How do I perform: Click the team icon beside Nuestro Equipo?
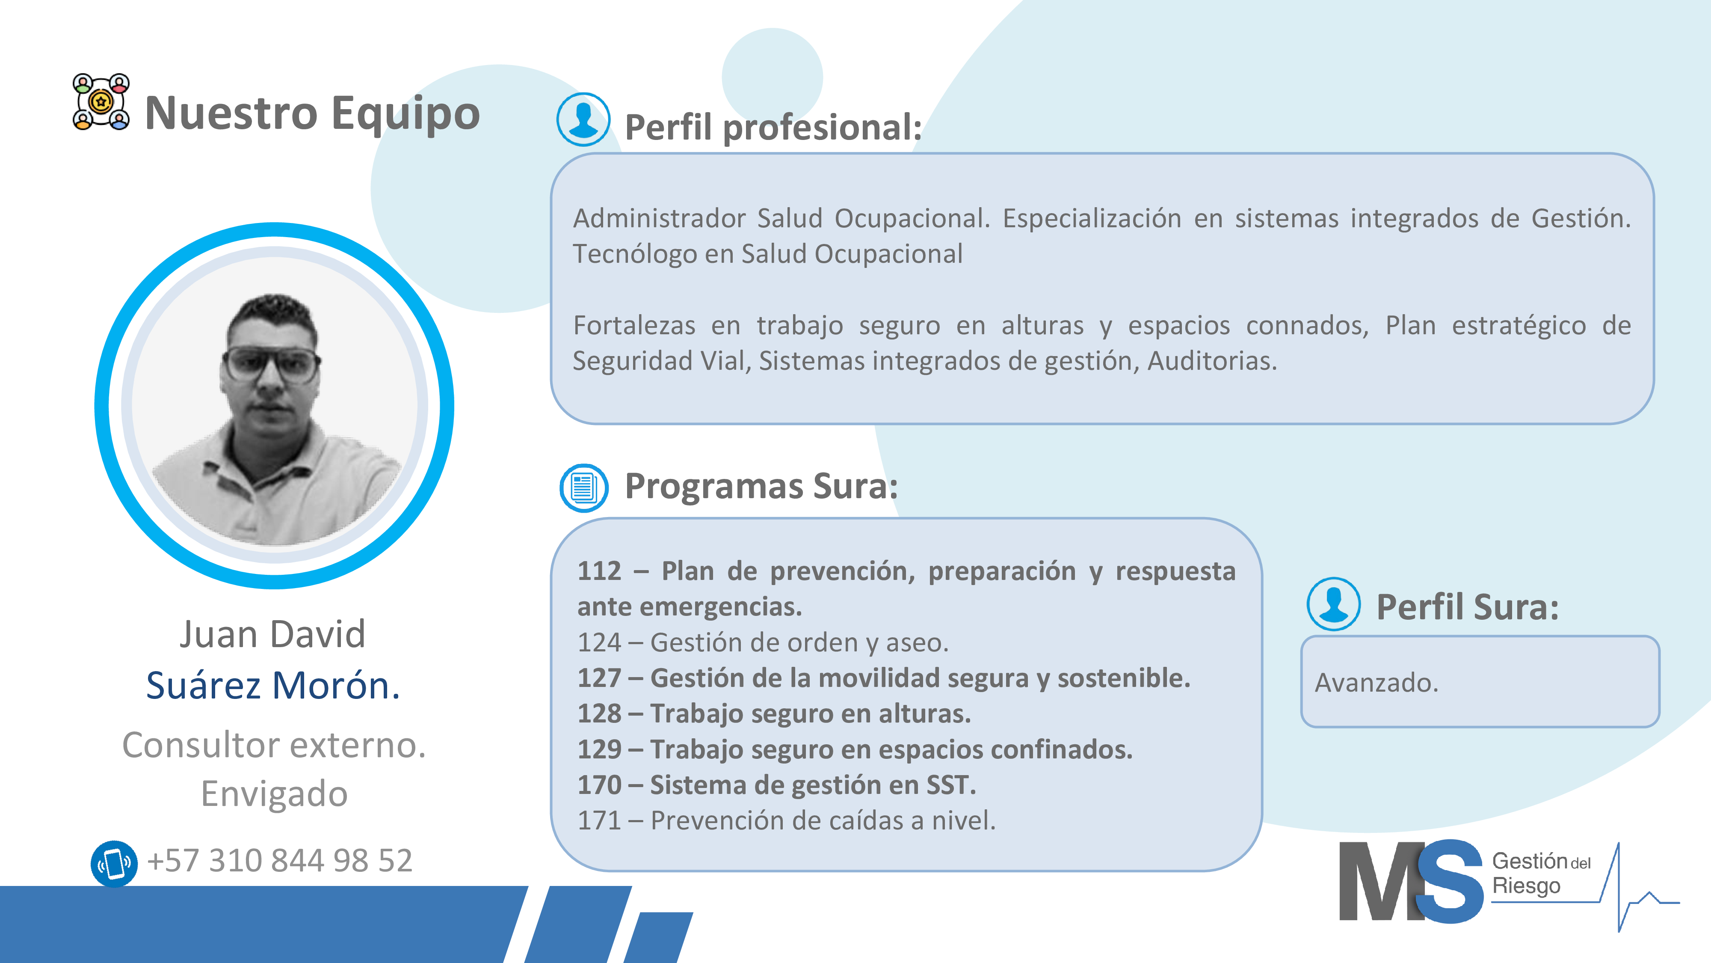click(101, 102)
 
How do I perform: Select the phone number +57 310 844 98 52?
click(280, 861)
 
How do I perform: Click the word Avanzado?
click(1376, 683)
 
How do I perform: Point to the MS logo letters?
click(1411, 881)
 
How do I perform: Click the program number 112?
click(599, 571)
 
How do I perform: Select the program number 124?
click(599, 643)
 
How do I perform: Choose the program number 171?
click(599, 821)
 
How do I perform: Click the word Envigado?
click(274, 795)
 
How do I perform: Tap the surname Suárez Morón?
click(273, 685)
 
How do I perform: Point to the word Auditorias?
click(1212, 361)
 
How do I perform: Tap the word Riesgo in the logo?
click(1526, 886)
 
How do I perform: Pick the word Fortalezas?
click(634, 326)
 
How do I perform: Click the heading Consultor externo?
click(274, 745)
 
